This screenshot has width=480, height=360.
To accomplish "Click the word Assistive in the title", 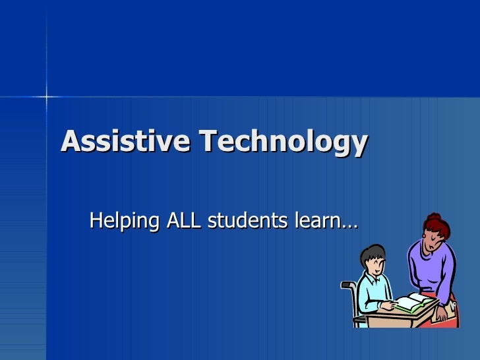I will (125, 141).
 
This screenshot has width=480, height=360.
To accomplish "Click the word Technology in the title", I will (282, 142).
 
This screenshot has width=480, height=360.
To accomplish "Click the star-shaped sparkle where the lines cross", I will (47, 98).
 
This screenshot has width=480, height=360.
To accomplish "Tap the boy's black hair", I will (373, 253).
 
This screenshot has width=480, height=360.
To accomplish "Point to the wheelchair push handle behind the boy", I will (348, 285).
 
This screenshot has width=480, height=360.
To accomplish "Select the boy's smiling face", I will (376, 264).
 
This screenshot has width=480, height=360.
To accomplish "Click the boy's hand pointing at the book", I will (392, 305).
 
